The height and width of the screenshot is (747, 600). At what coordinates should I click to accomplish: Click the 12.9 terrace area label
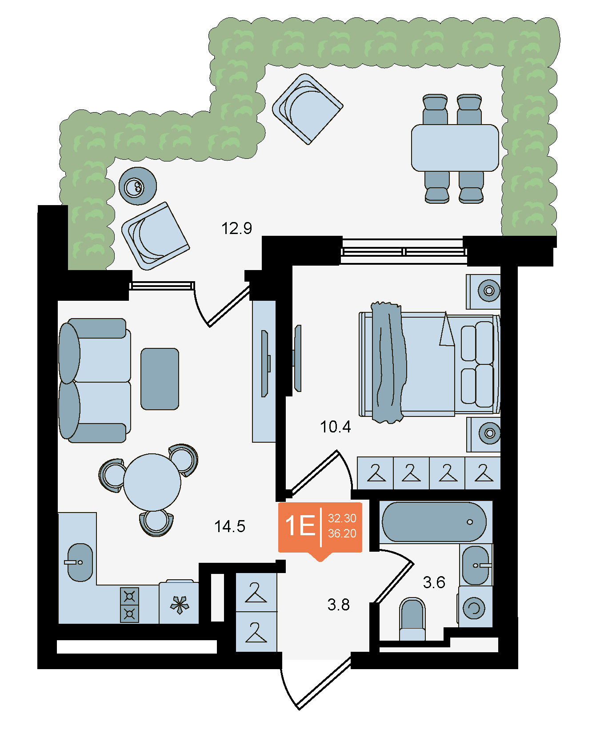click(x=236, y=228)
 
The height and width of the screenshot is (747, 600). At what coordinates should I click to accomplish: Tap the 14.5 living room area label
click(x=230, y=526)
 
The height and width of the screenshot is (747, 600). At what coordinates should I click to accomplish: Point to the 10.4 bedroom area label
click(x=336, y=427)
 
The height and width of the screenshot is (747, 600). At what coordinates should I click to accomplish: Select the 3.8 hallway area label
click(x=339, y=605)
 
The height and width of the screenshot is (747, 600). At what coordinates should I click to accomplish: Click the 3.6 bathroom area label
click(x=434, y=582)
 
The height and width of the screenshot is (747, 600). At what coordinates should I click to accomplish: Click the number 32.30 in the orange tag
click(x=342, y=518)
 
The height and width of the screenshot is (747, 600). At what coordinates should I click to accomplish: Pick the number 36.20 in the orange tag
click(x=342, y=533)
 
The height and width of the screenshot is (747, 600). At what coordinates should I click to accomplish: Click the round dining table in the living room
click(x=152, y=482)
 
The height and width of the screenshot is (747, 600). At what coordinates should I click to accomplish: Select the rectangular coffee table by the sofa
click(x=160, y=379)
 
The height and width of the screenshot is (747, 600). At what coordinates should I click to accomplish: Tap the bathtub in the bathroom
click(x=434, y=522)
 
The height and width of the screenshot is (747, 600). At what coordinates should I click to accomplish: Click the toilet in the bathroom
click(x=412, y=619)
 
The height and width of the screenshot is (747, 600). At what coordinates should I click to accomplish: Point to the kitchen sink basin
click(x=80, y=562)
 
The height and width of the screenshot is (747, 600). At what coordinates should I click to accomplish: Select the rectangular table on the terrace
click(x=455, y=148)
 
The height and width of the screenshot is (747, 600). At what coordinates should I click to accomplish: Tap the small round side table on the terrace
click(x=138, y=186)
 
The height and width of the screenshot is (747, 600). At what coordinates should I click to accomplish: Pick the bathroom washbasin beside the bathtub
click(x=476, y=565)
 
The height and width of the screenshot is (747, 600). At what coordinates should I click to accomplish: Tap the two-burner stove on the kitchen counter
click(x=130, y=605)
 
